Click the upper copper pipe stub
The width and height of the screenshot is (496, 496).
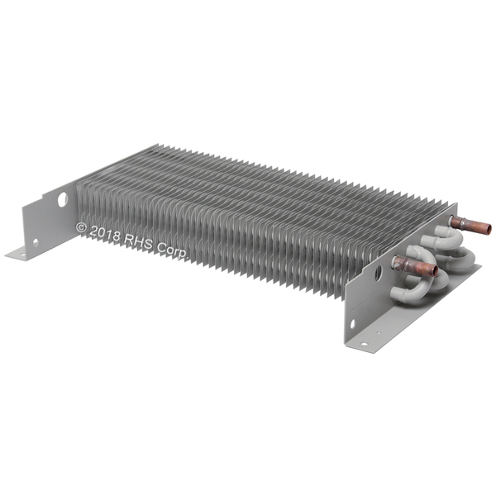470,225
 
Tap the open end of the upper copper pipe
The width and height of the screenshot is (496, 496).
488,229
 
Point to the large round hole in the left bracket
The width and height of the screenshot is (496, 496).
63,199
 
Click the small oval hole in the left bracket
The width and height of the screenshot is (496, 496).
36,242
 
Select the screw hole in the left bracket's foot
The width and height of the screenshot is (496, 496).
21,254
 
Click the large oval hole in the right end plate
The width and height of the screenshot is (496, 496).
378,273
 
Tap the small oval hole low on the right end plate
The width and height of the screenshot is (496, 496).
352,323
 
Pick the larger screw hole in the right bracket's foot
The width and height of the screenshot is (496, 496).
364,344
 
